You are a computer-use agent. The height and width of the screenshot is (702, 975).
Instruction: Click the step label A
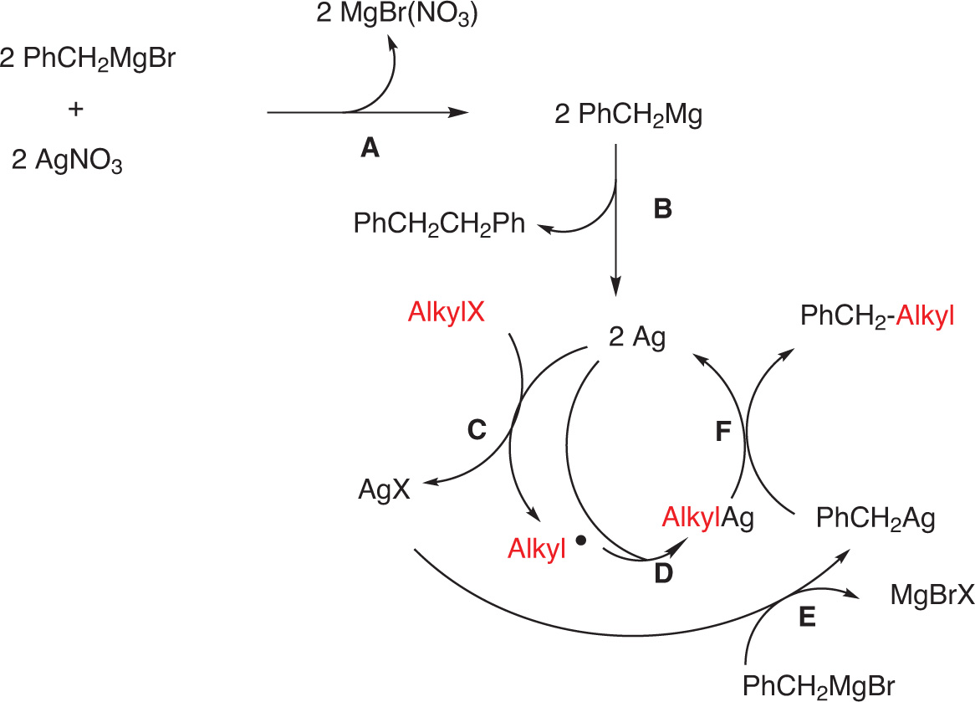tap(370, 148)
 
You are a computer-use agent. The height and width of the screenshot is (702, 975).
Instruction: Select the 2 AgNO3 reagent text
tap(68, 159)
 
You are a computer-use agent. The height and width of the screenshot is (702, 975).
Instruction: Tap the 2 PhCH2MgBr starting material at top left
tap(88, 61)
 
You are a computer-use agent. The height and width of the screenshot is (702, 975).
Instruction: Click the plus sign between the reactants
tap(78, 110)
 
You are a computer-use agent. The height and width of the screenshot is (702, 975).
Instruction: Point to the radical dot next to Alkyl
tap(581, 541)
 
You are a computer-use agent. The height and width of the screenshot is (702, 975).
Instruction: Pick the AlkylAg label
tap(707, 518)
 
